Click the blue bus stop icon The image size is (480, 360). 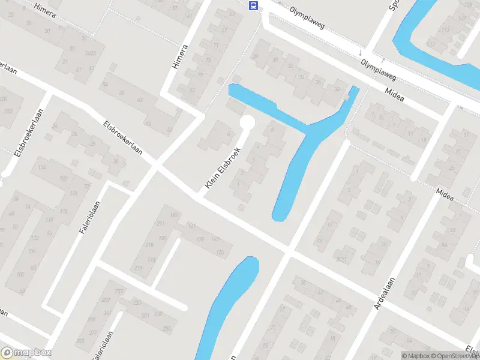(x=254, y=6)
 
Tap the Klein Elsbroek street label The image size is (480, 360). (x=223, y=169)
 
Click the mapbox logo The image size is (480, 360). (x=26, y=353)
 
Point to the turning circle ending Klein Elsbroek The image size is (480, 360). (x=247, y=123)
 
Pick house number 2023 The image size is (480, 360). (x=91, y=54)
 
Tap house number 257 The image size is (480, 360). (x=120, y=291)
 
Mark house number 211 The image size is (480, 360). (x=160, y=224)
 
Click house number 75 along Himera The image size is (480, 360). (x=209, y=60)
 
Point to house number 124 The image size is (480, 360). (x=42, y=167)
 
